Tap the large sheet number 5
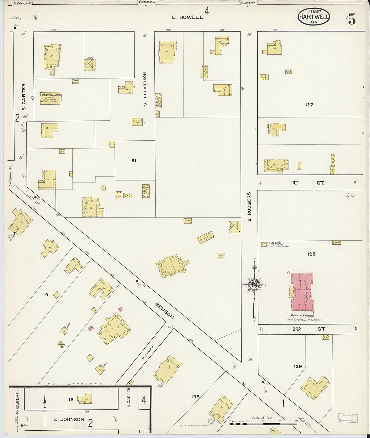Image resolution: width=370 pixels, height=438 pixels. click(351, 20)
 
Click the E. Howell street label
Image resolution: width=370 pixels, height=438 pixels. click(187, 17)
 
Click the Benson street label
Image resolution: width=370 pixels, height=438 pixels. click(165, 310)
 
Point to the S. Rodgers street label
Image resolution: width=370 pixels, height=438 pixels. click(249, 206)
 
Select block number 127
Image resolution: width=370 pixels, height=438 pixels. click(309, 105)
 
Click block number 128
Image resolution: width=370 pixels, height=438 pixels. click(311, 254)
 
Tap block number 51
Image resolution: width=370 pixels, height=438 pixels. click(134, 161)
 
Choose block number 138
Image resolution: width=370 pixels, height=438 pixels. click(195, 397)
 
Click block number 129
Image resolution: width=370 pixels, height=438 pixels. click(298, 367)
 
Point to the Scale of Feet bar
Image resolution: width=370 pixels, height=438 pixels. click(263, 424)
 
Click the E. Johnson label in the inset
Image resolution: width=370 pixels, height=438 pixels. click(69, 419)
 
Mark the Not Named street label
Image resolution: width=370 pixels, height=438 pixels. click(148, 352)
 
